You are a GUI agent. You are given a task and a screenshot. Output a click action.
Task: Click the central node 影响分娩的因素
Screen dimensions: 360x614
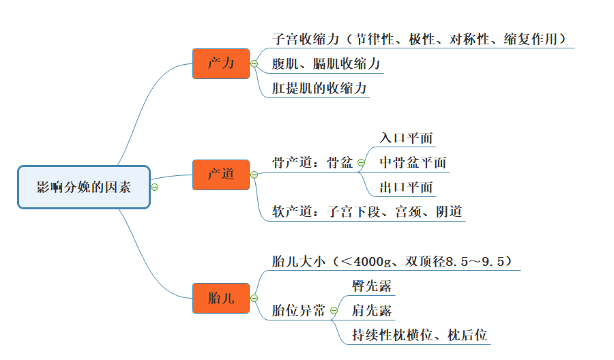coord(83,187)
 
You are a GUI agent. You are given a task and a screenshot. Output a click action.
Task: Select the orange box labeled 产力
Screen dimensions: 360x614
coord(220,63)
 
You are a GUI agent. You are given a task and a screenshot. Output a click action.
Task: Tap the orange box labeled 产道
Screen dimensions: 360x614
coord(220,175)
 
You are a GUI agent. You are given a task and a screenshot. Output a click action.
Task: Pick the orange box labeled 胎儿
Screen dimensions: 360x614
coord(220,298)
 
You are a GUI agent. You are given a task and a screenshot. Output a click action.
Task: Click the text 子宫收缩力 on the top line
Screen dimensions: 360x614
coord(304,40)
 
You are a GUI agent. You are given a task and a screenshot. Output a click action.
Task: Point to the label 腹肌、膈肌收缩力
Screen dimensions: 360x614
coord(325,64)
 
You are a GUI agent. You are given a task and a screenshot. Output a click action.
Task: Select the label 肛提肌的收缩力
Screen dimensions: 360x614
coord(319,89)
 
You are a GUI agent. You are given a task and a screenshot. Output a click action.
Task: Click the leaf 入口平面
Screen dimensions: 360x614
coord(406,138)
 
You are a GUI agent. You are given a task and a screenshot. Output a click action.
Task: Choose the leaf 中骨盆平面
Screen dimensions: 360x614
coord(413,162)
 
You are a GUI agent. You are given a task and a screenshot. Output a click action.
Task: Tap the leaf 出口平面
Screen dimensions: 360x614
coord(406,187)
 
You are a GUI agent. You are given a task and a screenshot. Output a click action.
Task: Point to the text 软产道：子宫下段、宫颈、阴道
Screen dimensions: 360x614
coord(367,211)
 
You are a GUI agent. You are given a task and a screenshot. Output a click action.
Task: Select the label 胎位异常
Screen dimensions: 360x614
coord(298,310)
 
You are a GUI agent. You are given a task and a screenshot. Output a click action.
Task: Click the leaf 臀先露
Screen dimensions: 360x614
coord(372,286)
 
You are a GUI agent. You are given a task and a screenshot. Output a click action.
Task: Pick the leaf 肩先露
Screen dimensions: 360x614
coord(372,311)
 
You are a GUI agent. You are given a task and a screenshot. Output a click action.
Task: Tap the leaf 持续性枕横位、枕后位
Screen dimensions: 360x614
coord(419,335)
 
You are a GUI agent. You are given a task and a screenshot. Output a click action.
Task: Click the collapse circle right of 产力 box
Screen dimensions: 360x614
coord(254,64)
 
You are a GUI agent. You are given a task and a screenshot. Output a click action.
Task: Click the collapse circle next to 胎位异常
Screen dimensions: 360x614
coord(334,311)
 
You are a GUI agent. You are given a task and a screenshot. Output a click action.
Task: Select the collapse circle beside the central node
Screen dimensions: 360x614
coord(154,187)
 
